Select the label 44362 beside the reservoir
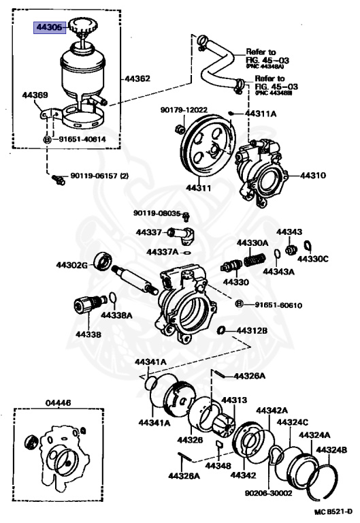click(137, 78)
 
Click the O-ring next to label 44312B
click(221, 330)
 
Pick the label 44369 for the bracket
click(35, 95)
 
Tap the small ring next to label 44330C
click(307, 247)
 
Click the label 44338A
click(117, 315)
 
